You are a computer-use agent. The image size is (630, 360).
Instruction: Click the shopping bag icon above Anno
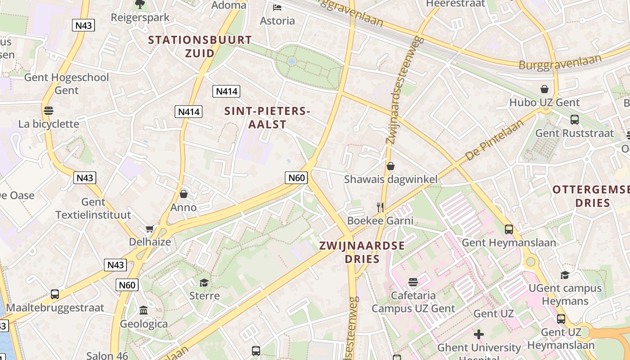tap(184, 194)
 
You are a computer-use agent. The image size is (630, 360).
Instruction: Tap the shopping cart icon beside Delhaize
tap(149, 229)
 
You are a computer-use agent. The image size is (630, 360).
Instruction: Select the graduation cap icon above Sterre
tap(204, 283)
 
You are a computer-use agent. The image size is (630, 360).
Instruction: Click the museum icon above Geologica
tap(144, 310)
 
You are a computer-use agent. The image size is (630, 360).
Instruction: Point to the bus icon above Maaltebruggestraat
tap(55, 294)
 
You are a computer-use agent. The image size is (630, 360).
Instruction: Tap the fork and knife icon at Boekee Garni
tap(381, 207)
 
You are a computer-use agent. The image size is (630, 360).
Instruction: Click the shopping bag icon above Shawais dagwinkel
tap(391, 166)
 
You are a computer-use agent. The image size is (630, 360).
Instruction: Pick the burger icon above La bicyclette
tap(49, 110)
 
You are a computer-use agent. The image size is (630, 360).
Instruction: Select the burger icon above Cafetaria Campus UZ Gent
tap(413, 282)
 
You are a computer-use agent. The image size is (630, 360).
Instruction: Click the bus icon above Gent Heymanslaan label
tap(509, 229)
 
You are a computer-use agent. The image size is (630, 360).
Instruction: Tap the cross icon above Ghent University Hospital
tap(479, 334)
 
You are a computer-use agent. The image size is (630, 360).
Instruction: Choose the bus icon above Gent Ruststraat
tap(575, 120)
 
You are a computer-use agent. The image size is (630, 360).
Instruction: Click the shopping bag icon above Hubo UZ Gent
tap(544, 89)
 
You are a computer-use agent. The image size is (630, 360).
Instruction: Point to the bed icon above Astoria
tap(277, 8)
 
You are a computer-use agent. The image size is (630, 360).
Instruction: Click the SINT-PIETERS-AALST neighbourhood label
tap(268, 117)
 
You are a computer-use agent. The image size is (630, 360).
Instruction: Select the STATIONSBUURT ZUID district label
tap(200, 46)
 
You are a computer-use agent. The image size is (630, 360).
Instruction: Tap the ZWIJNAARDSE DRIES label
tap(362, 252)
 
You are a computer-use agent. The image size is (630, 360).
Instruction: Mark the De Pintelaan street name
tap(495, 140)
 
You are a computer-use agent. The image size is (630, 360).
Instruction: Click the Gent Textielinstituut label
tap(94, 208)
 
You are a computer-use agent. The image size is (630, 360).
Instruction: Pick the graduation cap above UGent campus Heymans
tap(565, 275)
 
